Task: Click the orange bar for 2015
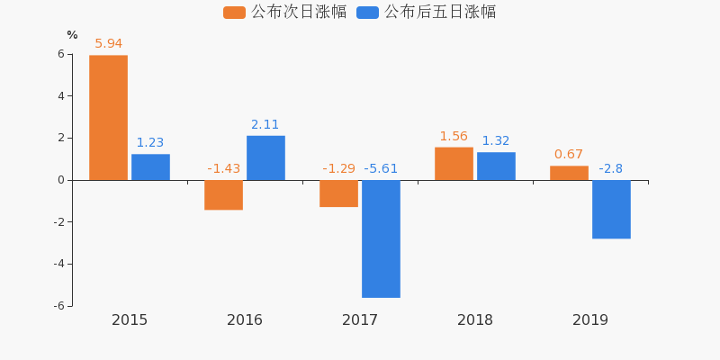tap(108, 118)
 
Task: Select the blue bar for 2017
tap(381, 238)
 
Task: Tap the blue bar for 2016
tap(265, 157)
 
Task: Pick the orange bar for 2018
tap(454, 164)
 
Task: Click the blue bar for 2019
tap(611, 209)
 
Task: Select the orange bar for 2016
tap(223, 194)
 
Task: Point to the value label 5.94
tap(108, 43)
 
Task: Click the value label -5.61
tap(381, 168)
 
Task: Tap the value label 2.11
tap(265, 124)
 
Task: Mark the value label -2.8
tap(611, 168)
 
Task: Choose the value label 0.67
tap(569, 154)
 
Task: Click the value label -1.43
tap(223, 168)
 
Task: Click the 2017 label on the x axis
tap(360, 319)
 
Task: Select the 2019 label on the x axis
tap(590, 319)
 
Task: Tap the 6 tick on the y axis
tap(60, 54)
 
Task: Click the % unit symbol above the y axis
tap(72, 35)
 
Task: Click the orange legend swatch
tap(234, 13)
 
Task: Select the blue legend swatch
tap(367, 13)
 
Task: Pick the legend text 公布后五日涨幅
tap(440, 13)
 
